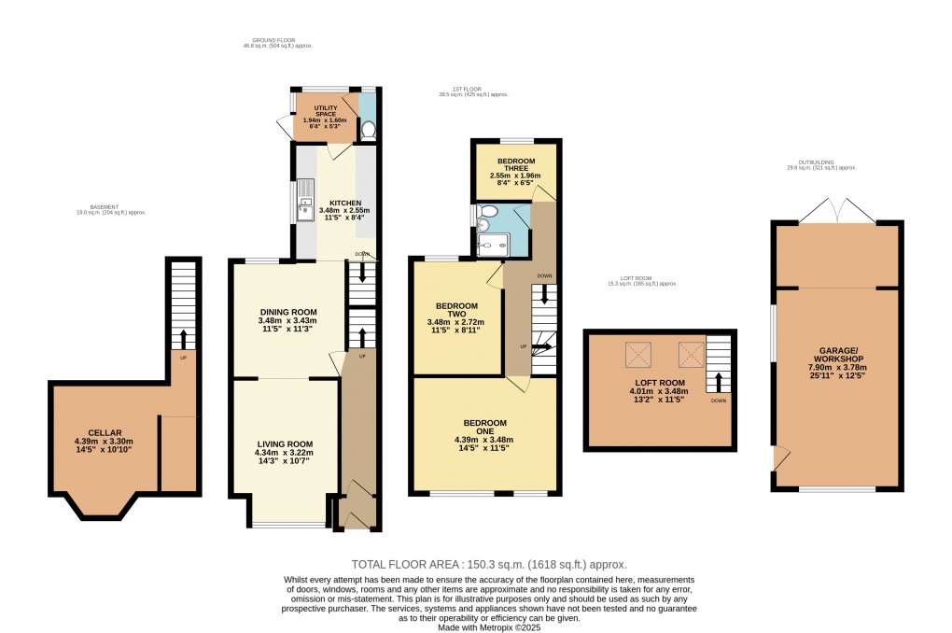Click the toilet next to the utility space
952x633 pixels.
pos(368,130)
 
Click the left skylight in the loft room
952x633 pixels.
pos(639,355)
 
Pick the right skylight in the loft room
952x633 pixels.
pos(690,355)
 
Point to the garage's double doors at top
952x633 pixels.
pos(837,211)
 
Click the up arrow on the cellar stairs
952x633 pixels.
pos(183,336)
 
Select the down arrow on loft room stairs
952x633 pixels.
pos(718,382)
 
